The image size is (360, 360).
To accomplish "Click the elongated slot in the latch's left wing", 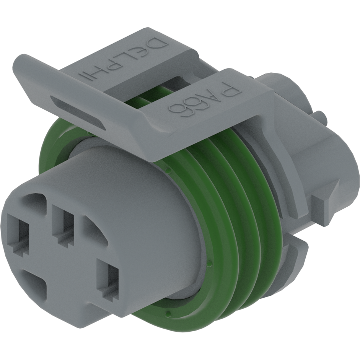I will [x=78, y=111].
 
